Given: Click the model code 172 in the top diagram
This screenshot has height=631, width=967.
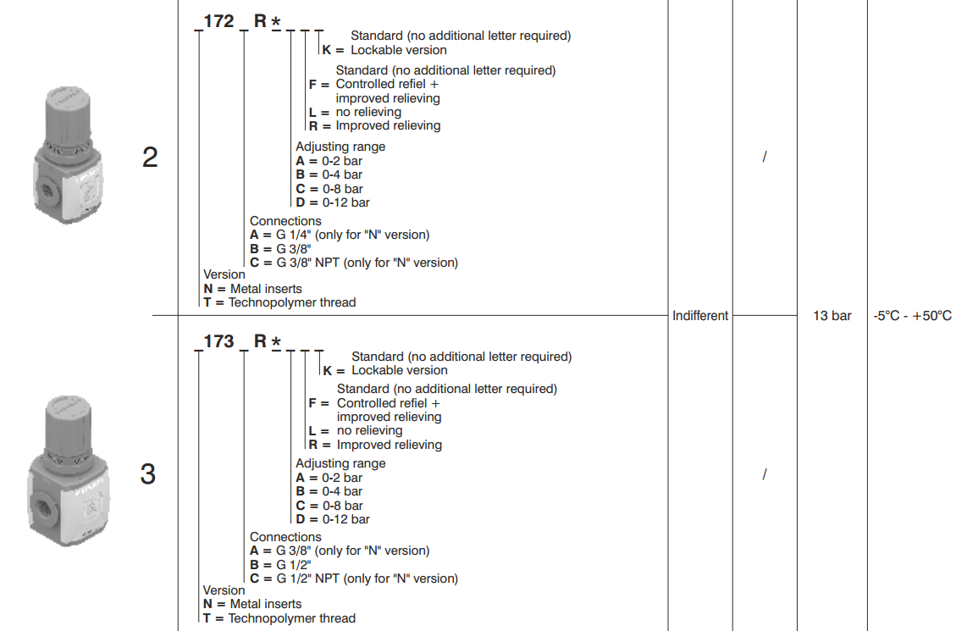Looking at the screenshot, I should pos(218,21).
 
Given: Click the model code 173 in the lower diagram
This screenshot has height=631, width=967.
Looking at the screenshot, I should pos(218,341).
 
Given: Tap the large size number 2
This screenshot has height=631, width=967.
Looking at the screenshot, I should pos(150,158).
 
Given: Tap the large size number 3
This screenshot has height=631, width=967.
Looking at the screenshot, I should pos(148,474).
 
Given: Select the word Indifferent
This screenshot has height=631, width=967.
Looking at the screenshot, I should pos(700,316).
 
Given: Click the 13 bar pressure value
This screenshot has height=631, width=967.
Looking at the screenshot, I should pos(832,316).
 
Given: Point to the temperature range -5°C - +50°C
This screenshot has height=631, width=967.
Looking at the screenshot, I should pos(912,316).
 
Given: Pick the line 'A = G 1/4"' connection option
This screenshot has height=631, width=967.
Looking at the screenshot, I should pos(339,235).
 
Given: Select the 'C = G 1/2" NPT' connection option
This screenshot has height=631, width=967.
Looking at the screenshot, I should pos(353,578).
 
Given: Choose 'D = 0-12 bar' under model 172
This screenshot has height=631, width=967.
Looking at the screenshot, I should pos(333,202).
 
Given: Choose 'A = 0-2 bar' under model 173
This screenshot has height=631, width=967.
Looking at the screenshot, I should pos(329,478).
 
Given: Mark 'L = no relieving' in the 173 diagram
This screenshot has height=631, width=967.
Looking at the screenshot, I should pos(356,430).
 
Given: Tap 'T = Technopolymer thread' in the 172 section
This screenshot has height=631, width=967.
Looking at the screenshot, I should pos(279,302).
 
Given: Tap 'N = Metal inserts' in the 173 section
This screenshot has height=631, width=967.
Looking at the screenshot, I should pos(252,604).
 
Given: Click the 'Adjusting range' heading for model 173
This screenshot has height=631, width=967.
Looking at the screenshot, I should pos(340,463).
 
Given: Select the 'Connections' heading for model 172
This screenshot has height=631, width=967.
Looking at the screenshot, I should pos(285,221).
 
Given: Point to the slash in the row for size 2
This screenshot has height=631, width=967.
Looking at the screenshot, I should pos(764,158).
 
